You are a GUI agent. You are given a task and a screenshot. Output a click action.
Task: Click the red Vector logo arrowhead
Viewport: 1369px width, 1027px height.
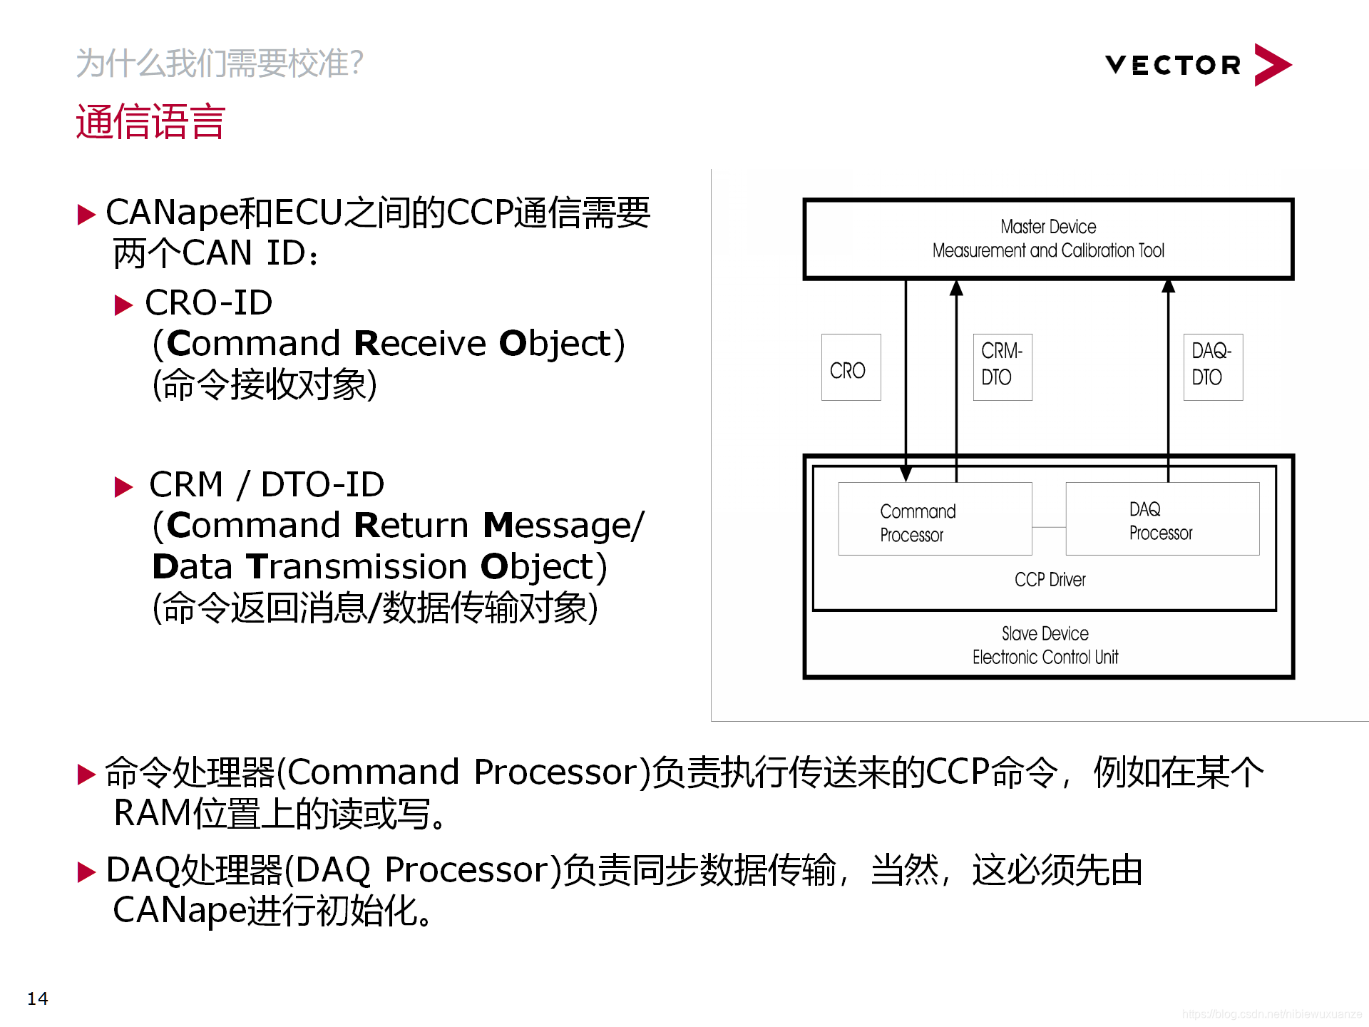(1271, 65)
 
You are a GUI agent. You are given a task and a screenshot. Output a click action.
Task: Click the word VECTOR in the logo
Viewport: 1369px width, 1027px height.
(1173, 66)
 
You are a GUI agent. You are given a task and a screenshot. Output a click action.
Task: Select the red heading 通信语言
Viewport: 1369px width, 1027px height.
(150, 121)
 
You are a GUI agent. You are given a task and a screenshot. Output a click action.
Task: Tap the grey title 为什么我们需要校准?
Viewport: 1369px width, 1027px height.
(220, 63)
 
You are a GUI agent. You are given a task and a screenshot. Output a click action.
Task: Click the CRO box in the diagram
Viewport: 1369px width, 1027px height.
(850, 367)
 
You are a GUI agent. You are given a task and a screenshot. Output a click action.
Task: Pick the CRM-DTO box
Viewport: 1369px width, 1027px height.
(1002, 367)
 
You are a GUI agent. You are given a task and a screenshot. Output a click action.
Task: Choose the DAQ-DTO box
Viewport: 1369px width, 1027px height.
(1212, 367)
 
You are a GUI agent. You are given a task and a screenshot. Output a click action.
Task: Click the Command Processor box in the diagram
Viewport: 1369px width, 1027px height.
(934, 519)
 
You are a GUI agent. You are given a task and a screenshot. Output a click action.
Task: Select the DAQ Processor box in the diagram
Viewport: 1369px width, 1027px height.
(1162, 519)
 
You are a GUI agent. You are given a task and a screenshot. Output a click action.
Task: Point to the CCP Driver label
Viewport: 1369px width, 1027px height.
(1050, 580)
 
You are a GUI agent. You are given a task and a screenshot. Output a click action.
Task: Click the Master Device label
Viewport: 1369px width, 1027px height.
(1048, 227)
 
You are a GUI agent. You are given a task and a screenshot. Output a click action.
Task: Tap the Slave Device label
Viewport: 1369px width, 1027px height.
(1045, 633)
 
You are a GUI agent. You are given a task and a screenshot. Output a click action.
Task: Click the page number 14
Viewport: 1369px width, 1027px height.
(37, 998)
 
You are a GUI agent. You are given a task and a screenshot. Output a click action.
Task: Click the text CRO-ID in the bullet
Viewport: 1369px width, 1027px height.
(208, 302)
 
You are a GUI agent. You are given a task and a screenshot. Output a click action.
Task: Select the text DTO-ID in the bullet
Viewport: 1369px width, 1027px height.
(322, 485)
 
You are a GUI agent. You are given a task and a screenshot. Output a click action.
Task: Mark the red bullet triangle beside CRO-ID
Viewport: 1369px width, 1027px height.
(123, 305)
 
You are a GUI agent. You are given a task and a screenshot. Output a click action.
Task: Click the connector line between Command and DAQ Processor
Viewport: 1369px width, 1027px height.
(1048, 527)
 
